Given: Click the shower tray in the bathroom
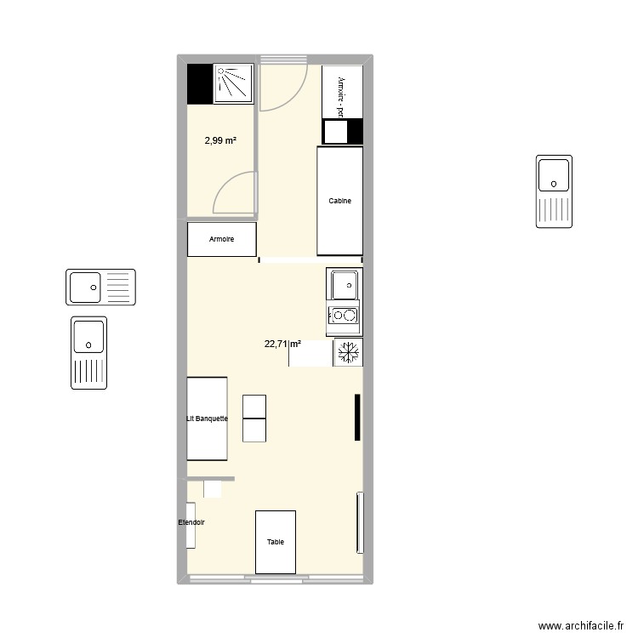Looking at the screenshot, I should point(234,83).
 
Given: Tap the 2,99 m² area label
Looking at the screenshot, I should point(220,141).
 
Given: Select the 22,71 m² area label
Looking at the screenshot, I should point(282,345).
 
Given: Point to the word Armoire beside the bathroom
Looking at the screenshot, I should point(221,240).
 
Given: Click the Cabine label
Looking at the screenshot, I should point(340,202).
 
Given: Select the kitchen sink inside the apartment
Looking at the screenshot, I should point(345,283).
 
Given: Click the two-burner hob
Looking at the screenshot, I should point(344,316).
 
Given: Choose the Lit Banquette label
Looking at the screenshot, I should point(207,419).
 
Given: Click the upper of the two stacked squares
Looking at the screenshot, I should point(254,407).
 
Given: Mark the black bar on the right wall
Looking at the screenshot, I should point(357,418).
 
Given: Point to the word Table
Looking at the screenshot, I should point(276,542).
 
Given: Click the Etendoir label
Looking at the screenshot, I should point(191,522).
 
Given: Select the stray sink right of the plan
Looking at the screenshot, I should point(554,191).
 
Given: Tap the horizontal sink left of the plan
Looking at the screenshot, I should point(100,287).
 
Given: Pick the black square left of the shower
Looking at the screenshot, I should point(199,83).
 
